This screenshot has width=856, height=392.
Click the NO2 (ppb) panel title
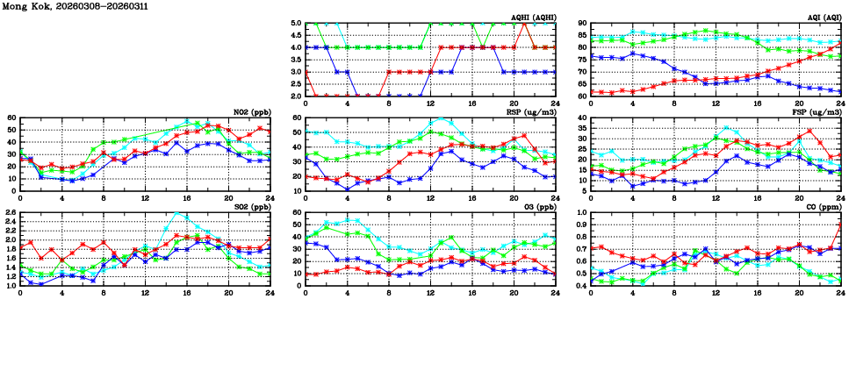click(251, 111)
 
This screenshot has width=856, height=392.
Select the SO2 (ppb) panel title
click(251, 207)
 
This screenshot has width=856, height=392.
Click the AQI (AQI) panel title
click(825, 17)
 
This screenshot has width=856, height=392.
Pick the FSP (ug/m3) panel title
click(816, 111)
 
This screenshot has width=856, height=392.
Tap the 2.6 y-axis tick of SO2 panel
click(10, 213)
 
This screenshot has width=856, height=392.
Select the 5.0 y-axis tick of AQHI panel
click(296, 24)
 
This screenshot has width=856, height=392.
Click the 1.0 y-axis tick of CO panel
click(581, 213)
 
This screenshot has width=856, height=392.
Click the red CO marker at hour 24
click(840, 224)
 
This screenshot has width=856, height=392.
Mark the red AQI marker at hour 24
click(840, 44)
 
